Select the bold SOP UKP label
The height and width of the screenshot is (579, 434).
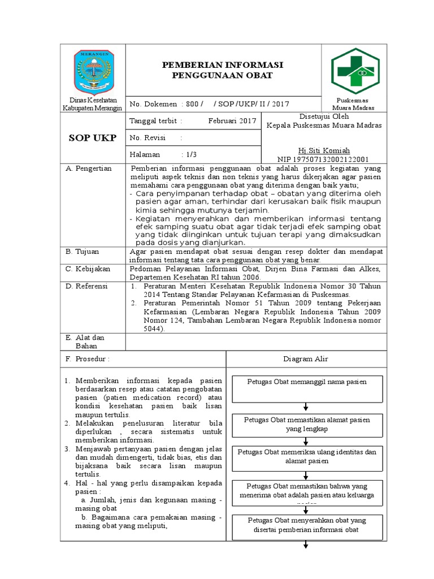click(93, 138)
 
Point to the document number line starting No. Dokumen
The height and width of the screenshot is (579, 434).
click(210, 104)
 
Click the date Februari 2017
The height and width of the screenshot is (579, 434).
click(232, 121)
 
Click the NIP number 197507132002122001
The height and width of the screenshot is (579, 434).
click(323, 159)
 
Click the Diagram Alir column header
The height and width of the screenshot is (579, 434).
click(306, 359)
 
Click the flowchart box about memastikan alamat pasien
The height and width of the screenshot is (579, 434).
click(306, 425)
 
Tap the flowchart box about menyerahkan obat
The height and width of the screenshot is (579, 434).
click(306, 525)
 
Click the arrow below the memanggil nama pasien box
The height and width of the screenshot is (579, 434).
click(306, 407)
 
